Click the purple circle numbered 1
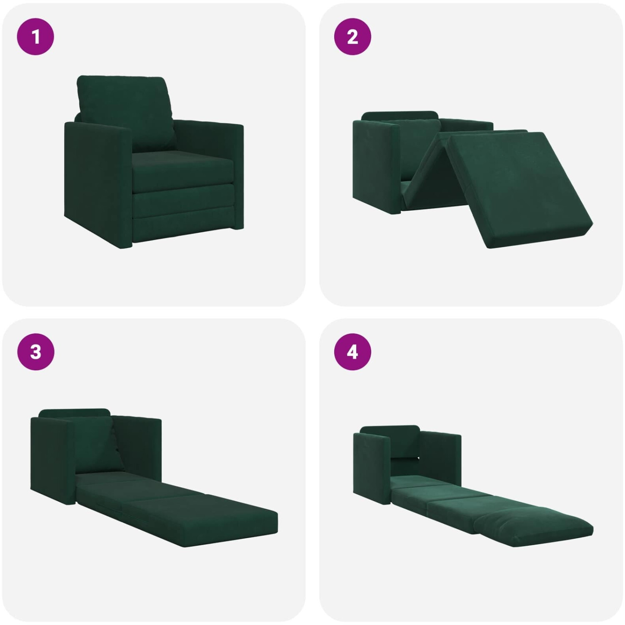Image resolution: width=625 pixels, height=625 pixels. [35, 37]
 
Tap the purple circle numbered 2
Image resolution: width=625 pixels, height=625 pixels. [352, 37]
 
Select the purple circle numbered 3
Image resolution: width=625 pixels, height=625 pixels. [35, 352]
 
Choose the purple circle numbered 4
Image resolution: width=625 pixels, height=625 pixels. [352, 352]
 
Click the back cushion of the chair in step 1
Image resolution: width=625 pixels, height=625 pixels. [125, 112]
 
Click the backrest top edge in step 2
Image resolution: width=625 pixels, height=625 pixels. [399, 115]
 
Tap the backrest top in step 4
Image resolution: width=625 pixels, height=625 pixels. [390, 429]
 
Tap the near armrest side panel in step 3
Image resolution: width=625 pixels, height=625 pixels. [52, 460]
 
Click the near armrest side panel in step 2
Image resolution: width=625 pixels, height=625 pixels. [376, 166]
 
